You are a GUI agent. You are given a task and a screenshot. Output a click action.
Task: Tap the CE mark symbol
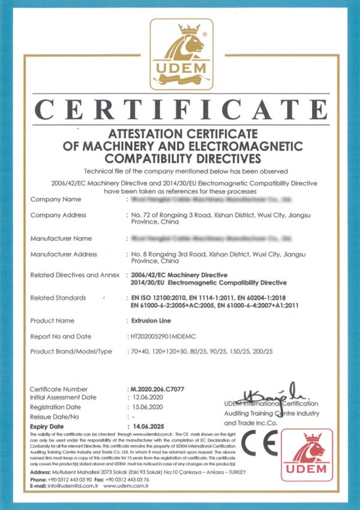coord(260,448)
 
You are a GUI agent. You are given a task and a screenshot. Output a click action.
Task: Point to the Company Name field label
coord(55,199)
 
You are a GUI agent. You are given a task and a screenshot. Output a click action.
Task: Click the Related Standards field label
coord(58,298)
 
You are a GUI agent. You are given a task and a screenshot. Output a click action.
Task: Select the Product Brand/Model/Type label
coord(71,352)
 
